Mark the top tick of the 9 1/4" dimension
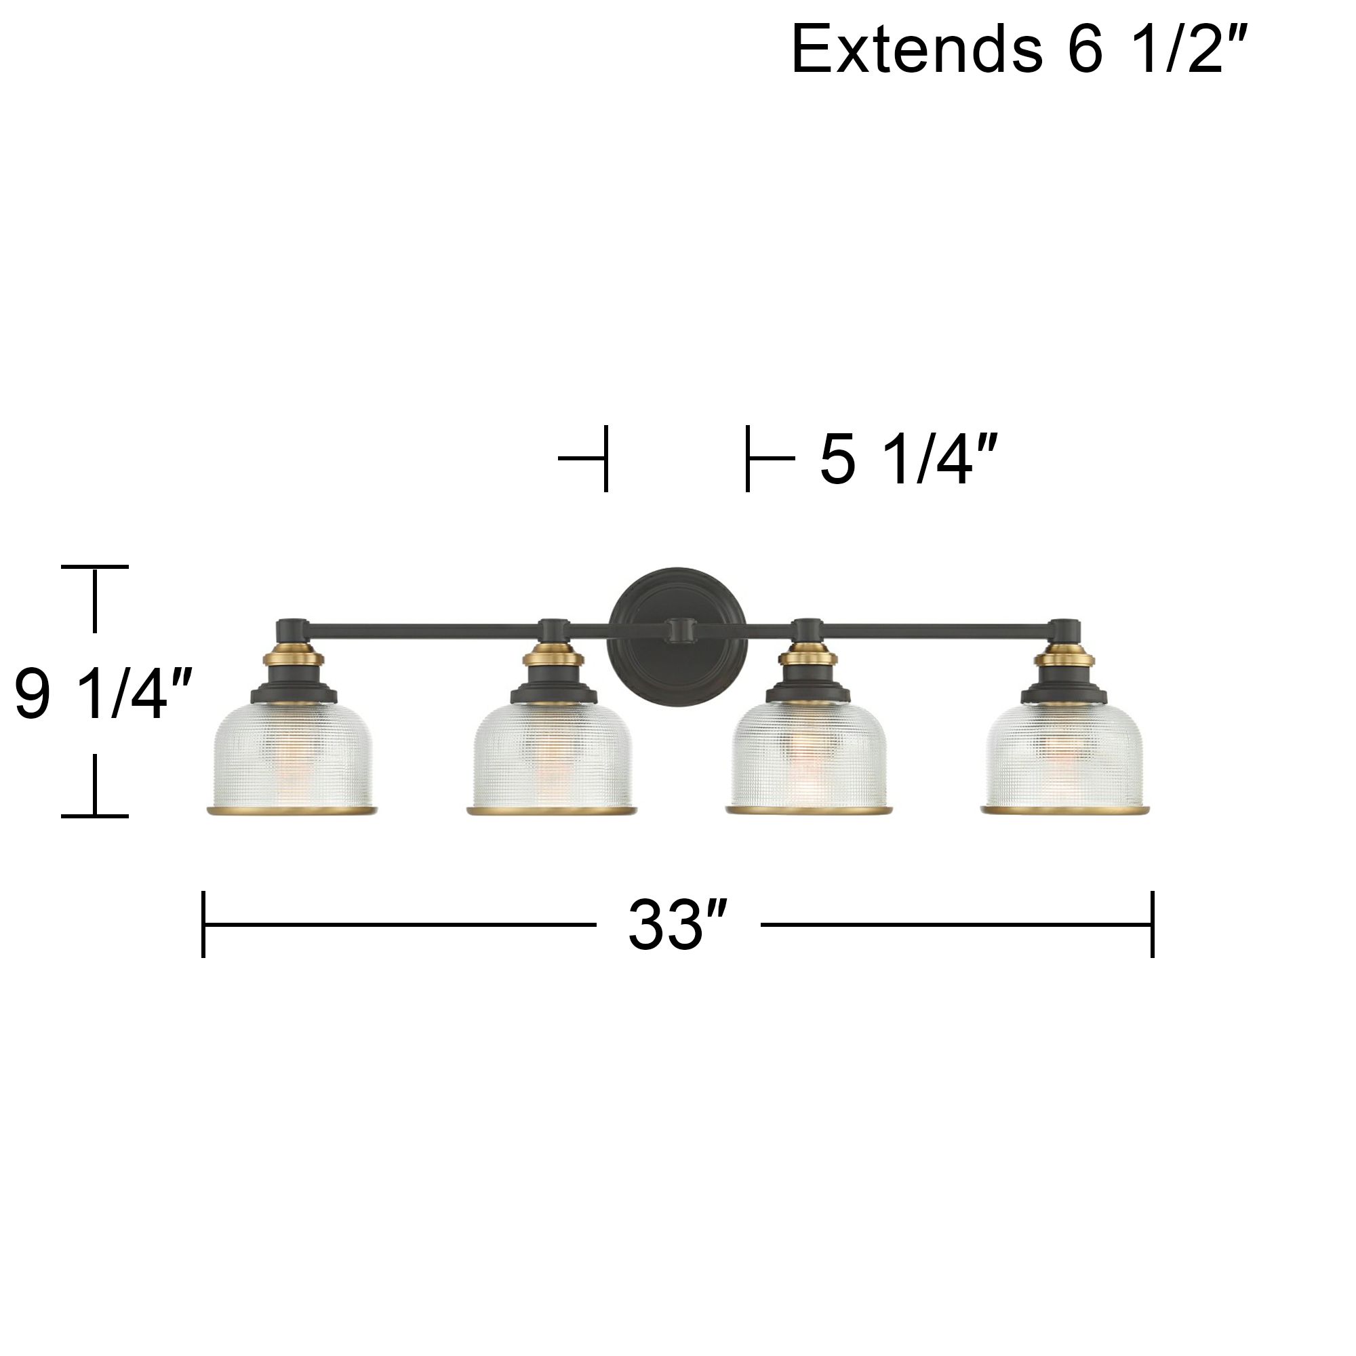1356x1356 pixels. pos(95,565)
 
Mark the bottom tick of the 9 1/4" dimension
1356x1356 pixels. pos(95,816)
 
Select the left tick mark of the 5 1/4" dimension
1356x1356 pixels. pos(605,458)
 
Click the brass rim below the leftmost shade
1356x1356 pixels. pos(292,812)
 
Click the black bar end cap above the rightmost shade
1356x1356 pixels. pos(1064,626)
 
